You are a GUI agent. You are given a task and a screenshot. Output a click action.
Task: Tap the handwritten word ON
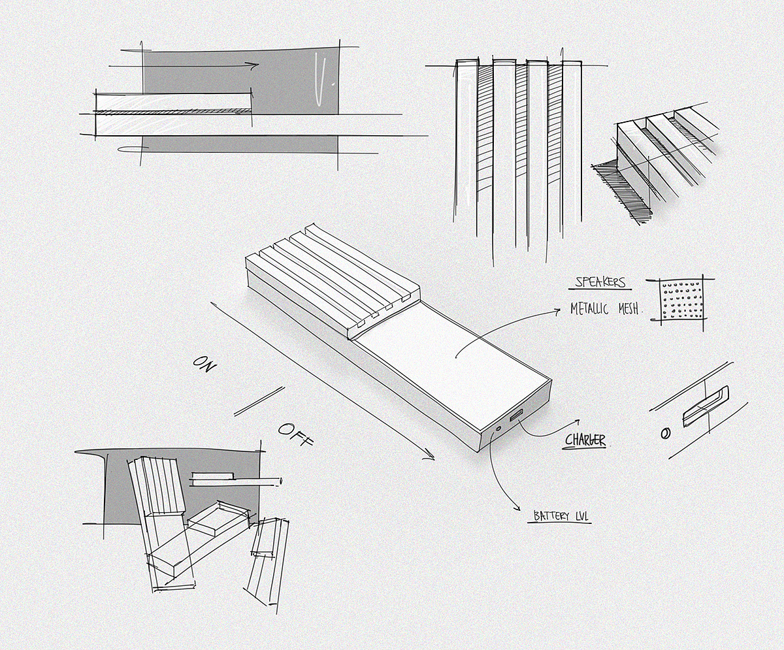[x=204, y=364]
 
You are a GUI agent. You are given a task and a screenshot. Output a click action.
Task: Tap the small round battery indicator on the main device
[x=498, y=429]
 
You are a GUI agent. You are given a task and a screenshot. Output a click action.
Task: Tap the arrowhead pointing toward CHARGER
[x=577, y=422]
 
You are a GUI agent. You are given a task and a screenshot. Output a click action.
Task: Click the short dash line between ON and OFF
[x=259, y=401]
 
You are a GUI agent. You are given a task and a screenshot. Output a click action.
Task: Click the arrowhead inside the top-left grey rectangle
[x=255, y=65]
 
